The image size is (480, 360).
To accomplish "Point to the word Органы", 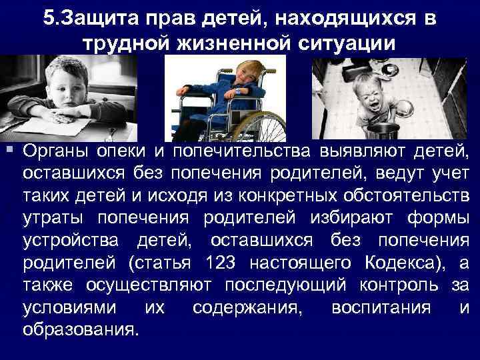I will [56, 151].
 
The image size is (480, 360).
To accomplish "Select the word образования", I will [80, 330].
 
